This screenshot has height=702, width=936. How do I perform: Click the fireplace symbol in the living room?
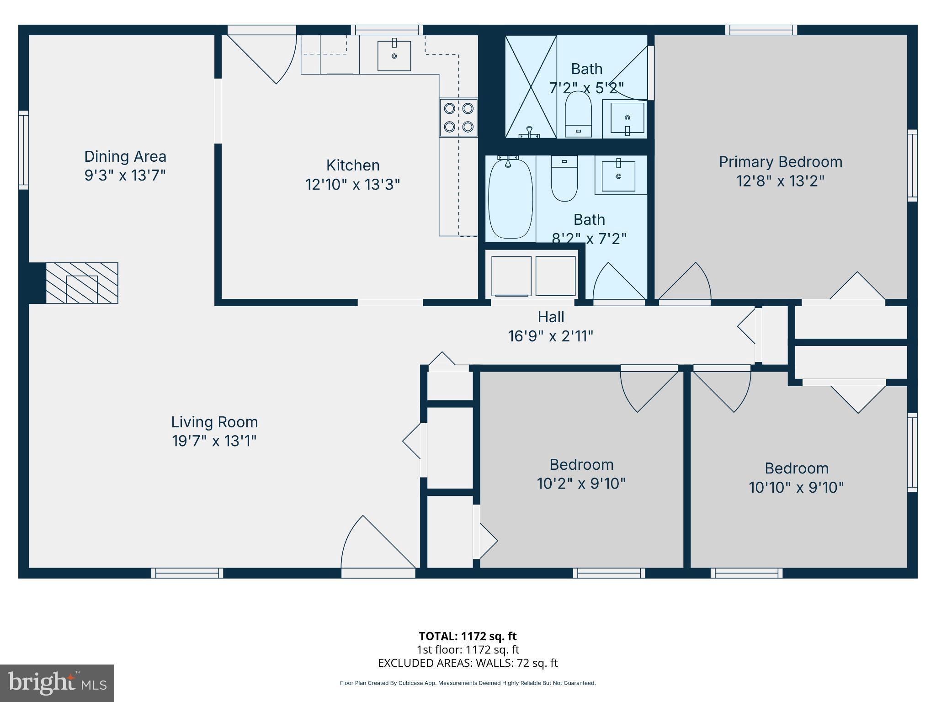(x=82, y=283)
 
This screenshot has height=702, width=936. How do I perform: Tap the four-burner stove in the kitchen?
(x=458, y=117)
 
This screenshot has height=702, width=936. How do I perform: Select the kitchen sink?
(x=394, y=56)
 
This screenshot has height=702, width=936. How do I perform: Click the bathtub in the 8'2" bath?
(x=511, y=198)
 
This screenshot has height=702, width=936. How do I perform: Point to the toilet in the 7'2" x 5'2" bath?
(x=578, y=114)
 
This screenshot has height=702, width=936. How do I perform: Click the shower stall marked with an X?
(x=531, y=86)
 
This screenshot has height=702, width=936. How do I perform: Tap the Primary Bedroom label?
(x=780, y=162)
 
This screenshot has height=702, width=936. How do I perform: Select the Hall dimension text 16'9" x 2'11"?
(x=550, y=336)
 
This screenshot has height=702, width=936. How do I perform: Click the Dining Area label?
(x=125, y=157)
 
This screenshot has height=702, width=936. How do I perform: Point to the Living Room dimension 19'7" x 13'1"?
(x=214, y=441)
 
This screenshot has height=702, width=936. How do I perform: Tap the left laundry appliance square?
(x=511, y=276)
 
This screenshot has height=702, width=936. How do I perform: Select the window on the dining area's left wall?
(x=23, y=150)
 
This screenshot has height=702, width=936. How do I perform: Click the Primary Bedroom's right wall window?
(x=912, y=165)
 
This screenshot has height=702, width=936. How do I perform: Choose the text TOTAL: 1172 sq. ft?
(x=468, y=636)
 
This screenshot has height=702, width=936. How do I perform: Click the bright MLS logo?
(x=57, y=683)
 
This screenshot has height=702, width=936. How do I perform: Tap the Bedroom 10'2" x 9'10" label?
(x=581, y=465)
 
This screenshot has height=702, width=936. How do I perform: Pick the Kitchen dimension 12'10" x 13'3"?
(x=352, y=185)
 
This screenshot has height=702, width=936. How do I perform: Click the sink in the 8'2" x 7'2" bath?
(x=618, y=176)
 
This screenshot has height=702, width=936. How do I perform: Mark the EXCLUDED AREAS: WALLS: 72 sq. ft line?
(x=468, y=663)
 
